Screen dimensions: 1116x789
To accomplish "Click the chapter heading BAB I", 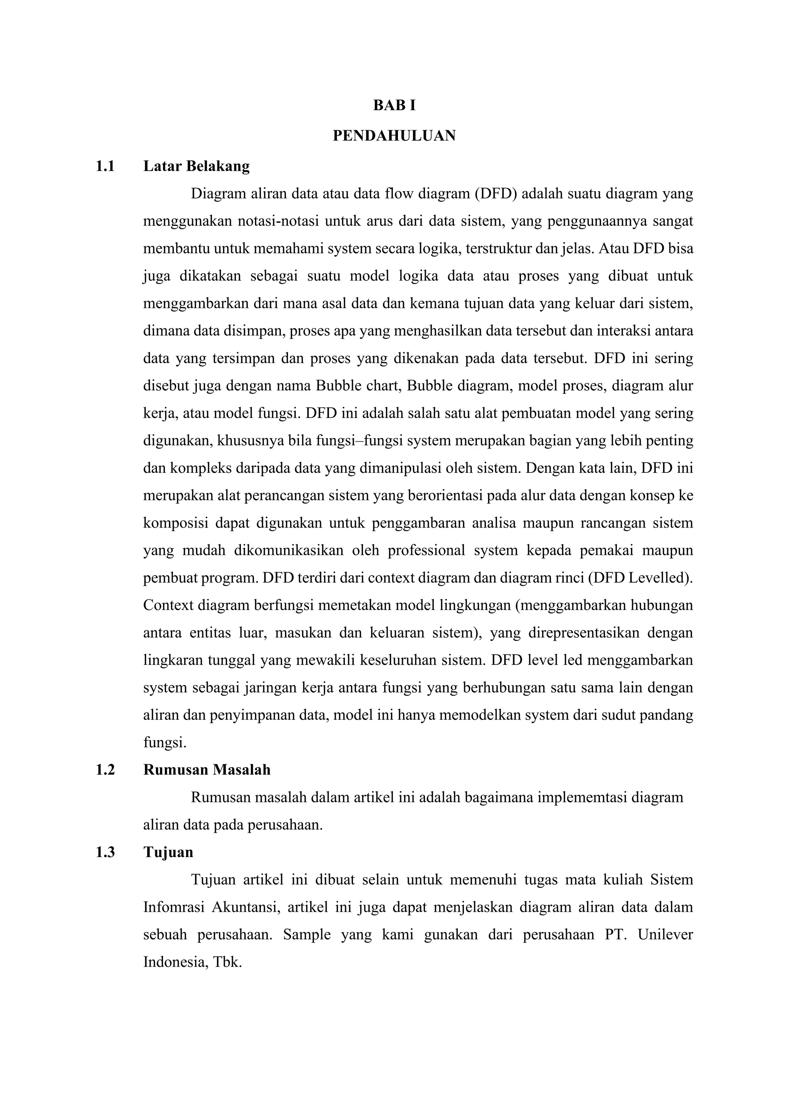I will pos(394,106).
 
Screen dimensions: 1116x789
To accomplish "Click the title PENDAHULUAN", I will pos(394,136).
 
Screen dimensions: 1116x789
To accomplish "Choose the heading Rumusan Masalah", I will pos(206,770).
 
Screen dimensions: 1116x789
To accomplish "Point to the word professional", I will pos(426,551).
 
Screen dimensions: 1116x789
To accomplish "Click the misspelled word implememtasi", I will pos(581,798).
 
